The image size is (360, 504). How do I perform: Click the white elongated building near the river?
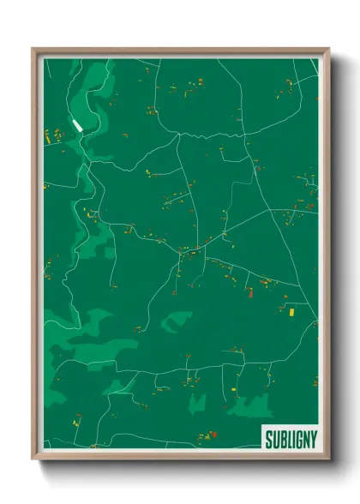pos(80,125)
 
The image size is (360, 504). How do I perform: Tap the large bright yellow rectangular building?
pos(291,312)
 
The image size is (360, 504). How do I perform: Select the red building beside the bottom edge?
pos(214,435)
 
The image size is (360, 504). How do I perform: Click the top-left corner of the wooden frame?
pos(33,49)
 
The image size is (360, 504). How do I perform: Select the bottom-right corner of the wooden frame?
pos(328,459)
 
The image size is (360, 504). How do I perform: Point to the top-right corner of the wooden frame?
pos(328,49)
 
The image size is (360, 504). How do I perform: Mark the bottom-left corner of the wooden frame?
pos(33,459)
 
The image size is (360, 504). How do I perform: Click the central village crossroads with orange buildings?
pos(183,250)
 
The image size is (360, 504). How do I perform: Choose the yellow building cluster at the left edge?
pos(48,135)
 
